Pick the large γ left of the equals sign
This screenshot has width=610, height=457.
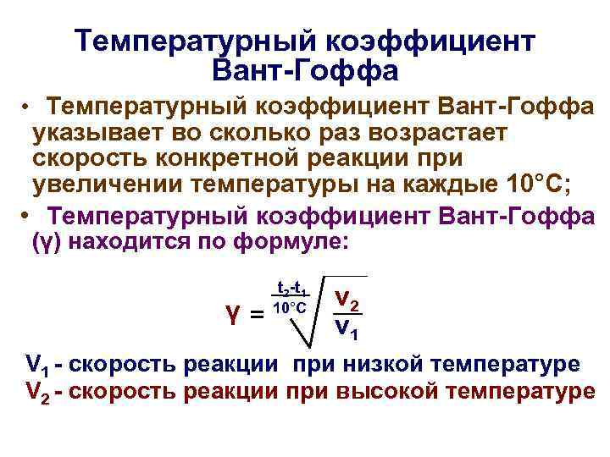233,315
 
